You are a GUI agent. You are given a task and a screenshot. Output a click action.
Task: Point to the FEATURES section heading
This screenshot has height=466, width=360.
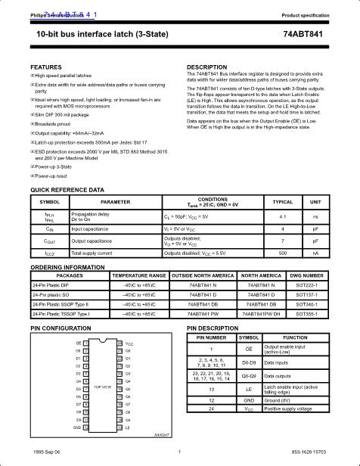pyautogui.click(x=45, y=67)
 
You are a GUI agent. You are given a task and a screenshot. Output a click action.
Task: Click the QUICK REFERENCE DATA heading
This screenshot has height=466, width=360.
pyautogui.click(x=67, y=189)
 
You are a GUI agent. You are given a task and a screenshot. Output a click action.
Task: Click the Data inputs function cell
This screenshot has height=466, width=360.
pyautogui.click(x=279, y=363)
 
